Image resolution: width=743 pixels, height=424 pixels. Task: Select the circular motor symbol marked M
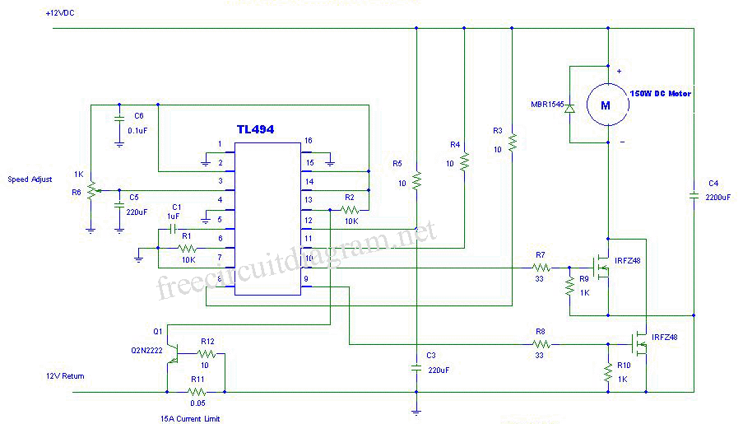pos(606,105)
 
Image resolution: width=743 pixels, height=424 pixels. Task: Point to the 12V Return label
pos(65,375)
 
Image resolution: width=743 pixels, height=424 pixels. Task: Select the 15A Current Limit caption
pos(190,417)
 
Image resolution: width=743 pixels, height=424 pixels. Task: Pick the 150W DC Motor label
pos(661,94)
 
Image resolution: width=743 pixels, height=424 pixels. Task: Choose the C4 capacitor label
pos(713,183)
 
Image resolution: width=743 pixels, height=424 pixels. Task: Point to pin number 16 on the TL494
pos(308,141)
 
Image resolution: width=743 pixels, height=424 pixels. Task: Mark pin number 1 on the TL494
pos(219,144)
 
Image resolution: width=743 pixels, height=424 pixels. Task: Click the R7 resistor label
pos(540,254)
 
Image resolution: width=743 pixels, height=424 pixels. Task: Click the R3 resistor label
pos(497,131)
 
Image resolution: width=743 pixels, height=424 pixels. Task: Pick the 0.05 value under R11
pos(197,403)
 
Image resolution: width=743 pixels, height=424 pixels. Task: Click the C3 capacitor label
pos(431,355)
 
